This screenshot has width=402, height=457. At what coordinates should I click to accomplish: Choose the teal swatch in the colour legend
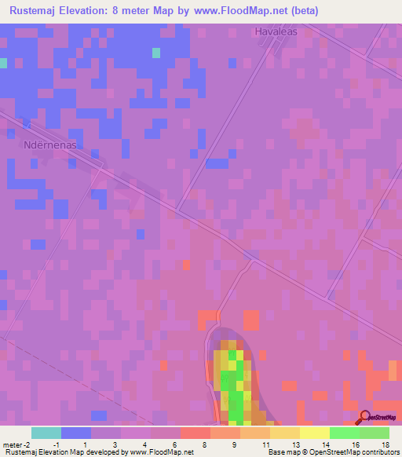click(46, 433)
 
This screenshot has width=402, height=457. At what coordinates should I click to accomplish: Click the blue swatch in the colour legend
click(75, 433)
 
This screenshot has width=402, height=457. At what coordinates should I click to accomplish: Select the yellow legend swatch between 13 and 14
click(314, 433)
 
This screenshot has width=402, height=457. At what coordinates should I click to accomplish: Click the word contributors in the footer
click(380, 452)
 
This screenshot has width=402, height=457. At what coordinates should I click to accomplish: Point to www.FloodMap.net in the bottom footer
click(163, 452)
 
